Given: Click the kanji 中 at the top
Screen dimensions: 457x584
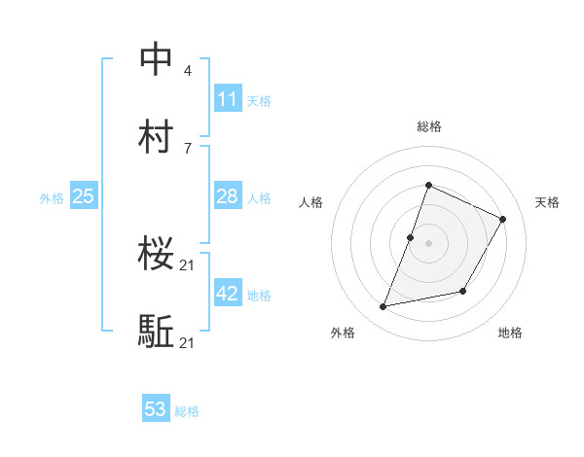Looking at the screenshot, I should pyautogui.click(x=157, y=59).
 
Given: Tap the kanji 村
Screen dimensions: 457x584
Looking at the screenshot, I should pyautogui.click(x=157, y=136).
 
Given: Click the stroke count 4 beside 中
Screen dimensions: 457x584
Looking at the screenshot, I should pyautogui.click(x=188, y=71).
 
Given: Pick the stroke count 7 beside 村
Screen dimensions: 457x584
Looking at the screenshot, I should pyautogui.click(x=188, y=148).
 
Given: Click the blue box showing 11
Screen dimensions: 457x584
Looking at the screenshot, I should pyautogui.click(x=228, y=99).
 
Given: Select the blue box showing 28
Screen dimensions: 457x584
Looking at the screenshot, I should pyautogui.click(x=228, y=197).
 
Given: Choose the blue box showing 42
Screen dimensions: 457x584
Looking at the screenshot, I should pyautogui.click(x=228, y=294).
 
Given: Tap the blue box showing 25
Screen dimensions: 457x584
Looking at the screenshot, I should pyautogui.click(x=83, y=197).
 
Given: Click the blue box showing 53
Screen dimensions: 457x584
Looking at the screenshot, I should pyautogui.click(x=156, y=409).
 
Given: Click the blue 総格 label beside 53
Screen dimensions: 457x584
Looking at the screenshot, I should pyautogui.click(x=187, y=411).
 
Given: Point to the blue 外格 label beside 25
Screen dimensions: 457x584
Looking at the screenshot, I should pyautogui.click(x=52, y=198).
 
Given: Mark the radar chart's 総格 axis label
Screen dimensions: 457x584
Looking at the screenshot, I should pyautogui.click(x=428, y=126).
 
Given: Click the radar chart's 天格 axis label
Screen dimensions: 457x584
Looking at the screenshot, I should pyautogui.click(x=547, y=202).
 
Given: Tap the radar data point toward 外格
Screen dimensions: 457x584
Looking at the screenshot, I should pyautogui.click(x=383, y=307).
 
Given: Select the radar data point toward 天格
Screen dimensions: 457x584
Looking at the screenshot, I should pyautogui.click(x=503, y=220).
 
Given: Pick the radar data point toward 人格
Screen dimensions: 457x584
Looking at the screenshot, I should pyautogui.click(x=411, y=237).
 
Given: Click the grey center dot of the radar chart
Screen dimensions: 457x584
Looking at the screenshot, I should pyautogui.click(x=428, y=243).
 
